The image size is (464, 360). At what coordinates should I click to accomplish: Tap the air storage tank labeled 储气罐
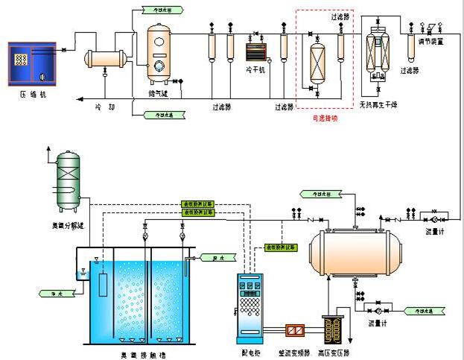159,54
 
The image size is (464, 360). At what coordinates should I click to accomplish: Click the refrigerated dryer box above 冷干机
256,53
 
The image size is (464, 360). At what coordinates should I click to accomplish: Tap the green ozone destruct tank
69,179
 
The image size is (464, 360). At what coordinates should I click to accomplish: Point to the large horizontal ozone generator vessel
355,250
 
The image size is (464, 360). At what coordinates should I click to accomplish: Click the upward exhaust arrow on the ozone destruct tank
49,150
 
